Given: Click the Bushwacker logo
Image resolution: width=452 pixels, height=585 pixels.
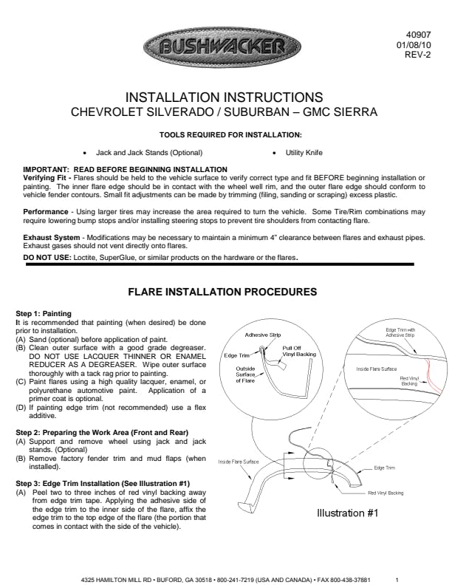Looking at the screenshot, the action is coord(222,47).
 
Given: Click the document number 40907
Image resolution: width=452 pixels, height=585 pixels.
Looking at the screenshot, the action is coord(419,35).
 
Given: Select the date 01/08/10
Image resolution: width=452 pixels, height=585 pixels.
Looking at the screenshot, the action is coord(414,45).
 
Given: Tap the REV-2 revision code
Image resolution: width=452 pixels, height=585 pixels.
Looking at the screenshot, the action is coord(418,55).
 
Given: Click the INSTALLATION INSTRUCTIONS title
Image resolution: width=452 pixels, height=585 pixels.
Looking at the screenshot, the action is coord(224,97).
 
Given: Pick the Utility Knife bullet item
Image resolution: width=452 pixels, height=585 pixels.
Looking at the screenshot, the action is coord(304,153).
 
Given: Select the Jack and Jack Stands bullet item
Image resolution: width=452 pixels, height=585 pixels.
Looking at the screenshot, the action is coord(149,153).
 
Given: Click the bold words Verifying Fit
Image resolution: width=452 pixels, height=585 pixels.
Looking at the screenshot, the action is coord(45,178).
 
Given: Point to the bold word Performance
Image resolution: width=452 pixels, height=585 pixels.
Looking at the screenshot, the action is coord(46,212).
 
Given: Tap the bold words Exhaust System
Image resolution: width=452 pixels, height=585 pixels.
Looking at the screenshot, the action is coord(52,238).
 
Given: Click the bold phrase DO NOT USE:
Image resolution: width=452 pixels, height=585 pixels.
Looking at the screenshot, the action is coord(47,258).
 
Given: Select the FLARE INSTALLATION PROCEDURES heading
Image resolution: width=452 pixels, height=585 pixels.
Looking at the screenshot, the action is coord(222,292).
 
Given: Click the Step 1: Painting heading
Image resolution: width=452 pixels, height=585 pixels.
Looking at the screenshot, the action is coord(44,314).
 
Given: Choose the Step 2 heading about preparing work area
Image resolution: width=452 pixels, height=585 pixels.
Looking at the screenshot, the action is coord(102,433).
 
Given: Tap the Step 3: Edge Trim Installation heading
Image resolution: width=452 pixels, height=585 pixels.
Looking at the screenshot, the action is coord(103,484).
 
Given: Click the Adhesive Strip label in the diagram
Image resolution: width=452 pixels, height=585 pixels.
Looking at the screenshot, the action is coord(263,335).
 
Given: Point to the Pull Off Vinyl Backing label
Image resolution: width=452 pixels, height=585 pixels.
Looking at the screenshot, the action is coord(299,351).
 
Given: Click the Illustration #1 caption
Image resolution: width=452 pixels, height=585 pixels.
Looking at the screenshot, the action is coord(348,513).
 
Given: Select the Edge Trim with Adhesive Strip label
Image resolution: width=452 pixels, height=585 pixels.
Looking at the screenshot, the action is coord(400,332).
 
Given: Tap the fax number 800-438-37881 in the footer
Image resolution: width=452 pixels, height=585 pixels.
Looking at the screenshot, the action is coord(350,580).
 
